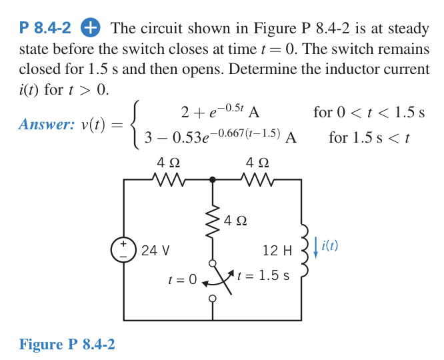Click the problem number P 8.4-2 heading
(45, 29)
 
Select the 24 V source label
(155, 251)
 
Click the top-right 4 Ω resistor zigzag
(257, 179)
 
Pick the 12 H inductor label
(278, 251)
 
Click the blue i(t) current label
(329, 246)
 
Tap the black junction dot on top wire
(213, 179)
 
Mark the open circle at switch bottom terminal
(213, 299)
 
